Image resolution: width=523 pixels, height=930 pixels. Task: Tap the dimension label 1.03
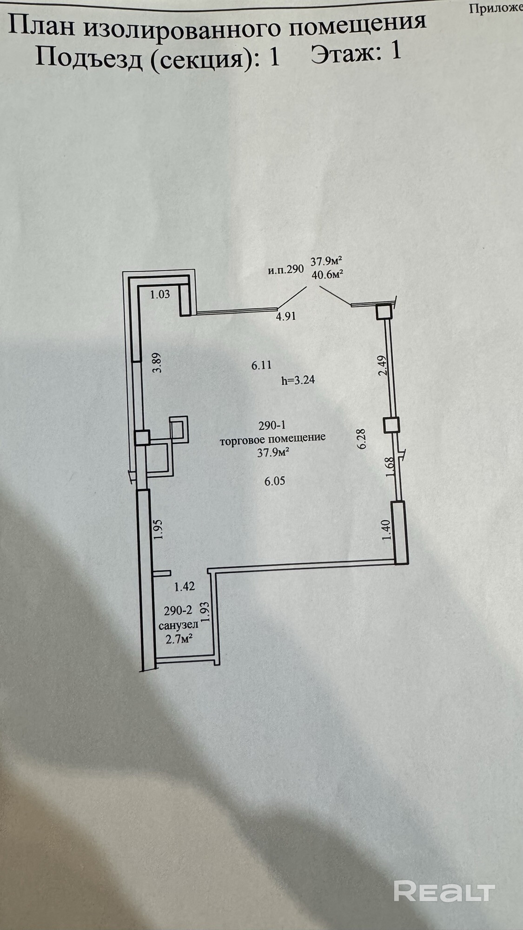(160, 294)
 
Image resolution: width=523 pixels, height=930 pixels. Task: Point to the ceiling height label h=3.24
(298, 380)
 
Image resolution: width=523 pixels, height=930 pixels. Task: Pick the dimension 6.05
(275, 482)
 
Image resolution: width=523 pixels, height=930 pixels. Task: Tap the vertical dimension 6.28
(363, 438)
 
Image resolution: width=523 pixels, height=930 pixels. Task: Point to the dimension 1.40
(385, 531)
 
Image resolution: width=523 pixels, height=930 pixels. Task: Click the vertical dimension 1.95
(158, 529)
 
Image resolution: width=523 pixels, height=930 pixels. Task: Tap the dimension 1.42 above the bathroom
(184, 586)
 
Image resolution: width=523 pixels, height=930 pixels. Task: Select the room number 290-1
(272, 425)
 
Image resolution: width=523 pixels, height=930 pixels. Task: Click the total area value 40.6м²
(328, 274)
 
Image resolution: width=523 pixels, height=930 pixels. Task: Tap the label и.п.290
(285, 269)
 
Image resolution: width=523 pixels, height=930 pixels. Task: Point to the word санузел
(179, 624)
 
